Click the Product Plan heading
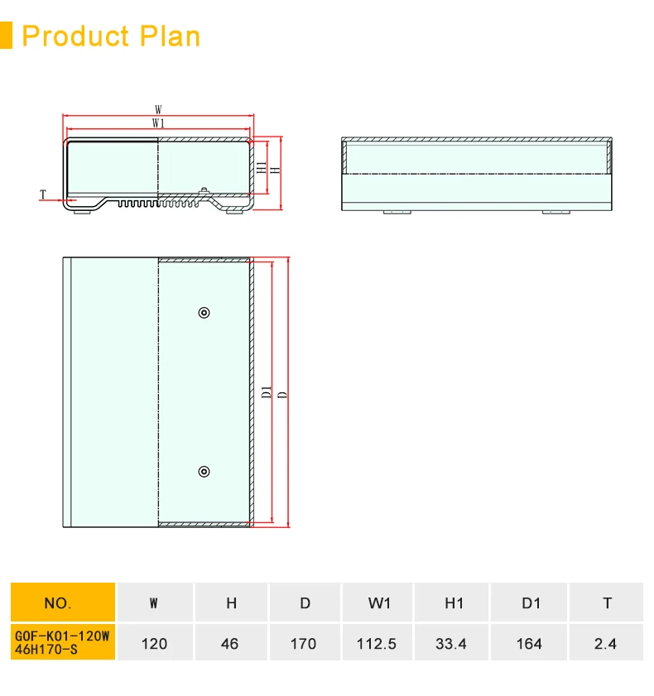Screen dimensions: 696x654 111,36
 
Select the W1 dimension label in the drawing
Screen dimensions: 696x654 157,122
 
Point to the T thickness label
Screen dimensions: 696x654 43,195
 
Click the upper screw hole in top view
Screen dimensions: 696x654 204,312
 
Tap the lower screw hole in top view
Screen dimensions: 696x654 204,471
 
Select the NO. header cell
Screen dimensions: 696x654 62,602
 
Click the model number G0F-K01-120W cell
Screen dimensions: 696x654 62,642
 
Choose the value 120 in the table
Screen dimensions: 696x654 155,643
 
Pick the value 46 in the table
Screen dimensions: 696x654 230,643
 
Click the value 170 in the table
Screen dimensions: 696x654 304,643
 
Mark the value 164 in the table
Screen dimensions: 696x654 530,643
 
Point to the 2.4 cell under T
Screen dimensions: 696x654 606,643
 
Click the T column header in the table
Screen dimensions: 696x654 606,602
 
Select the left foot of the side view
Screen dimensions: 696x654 397,212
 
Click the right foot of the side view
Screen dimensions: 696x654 556,212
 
